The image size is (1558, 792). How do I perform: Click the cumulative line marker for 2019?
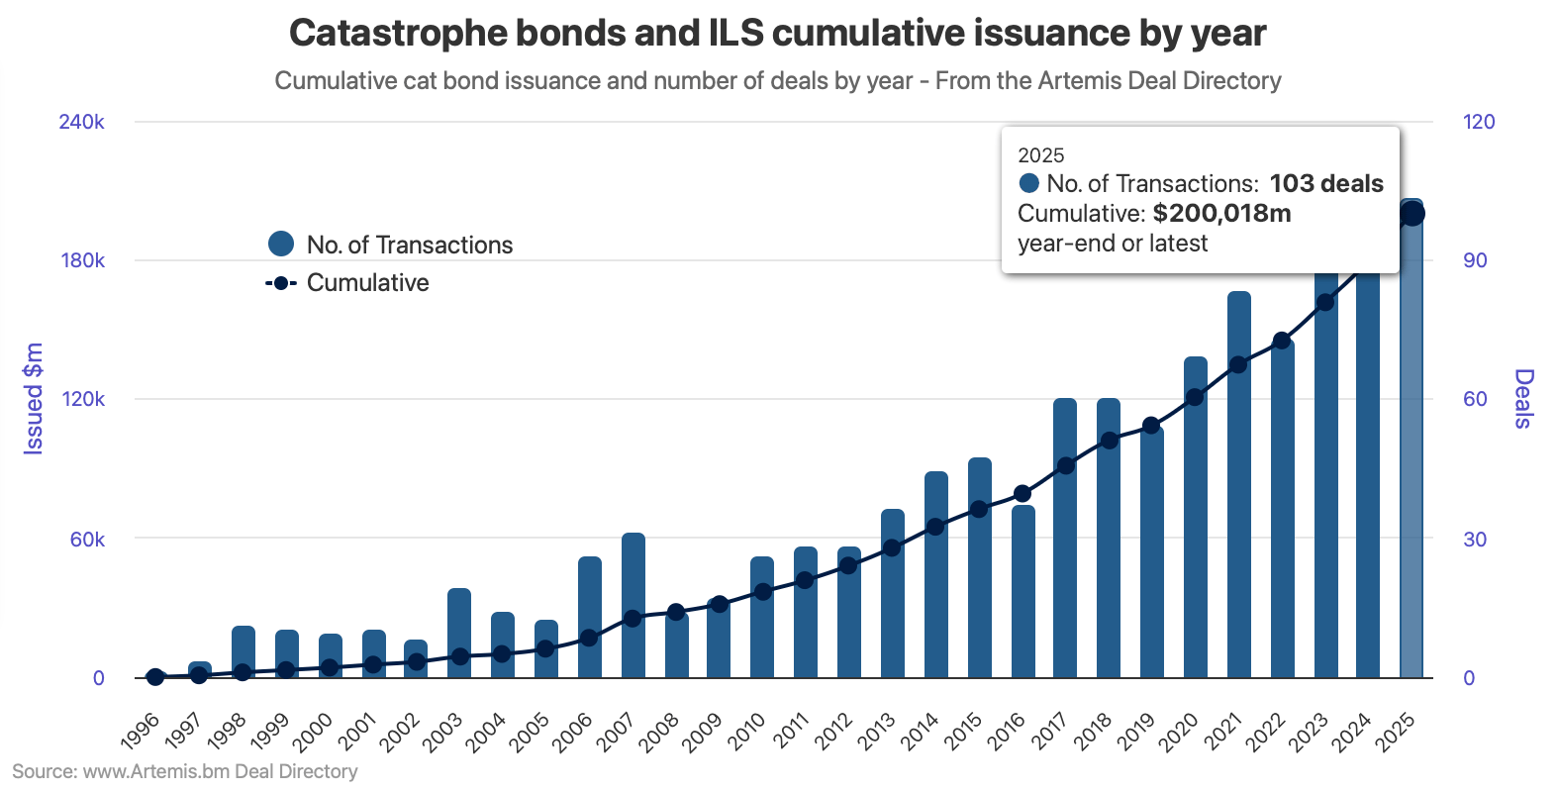click(1151, 426)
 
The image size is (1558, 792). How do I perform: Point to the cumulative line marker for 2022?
click(1282, 341)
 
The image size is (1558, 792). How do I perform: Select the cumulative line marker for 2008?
click(676, 612)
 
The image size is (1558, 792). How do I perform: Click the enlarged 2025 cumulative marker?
click(1412, 213)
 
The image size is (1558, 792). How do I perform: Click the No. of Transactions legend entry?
click(391, 245)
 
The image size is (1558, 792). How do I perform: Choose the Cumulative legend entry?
click(348, 283)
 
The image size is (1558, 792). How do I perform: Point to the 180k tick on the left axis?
click(81, 260)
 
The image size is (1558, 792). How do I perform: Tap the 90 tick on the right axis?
click(1475, 260)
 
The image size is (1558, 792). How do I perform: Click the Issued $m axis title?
click(34, 399)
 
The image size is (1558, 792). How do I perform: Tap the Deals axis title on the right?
click(1523, 399)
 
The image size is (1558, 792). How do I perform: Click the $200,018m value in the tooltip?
click(1221, 214)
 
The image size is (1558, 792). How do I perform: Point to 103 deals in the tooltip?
click(1326, 184)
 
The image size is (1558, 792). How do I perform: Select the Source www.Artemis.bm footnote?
click(185, 771)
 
